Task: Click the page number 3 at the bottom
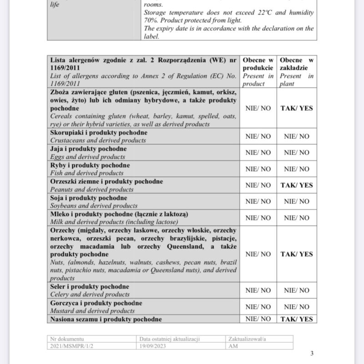click(312, 354)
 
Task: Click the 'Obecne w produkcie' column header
click(258, 72)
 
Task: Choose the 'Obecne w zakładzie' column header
click(297, 72)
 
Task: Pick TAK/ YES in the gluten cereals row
click(297, 108)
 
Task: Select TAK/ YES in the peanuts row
click(297, 185)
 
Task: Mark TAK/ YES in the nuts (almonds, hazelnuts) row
click(297, 254)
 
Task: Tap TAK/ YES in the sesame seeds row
click(297, 319)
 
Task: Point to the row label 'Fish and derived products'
click(87, 173)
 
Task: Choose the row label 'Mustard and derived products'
click(92, 311)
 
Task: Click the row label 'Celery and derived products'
click(90, 294)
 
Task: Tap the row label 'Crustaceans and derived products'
click(98, 140)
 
